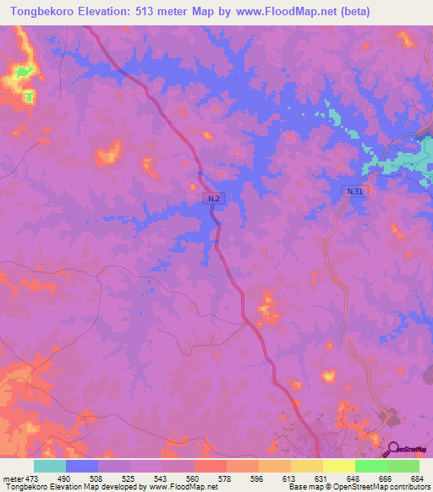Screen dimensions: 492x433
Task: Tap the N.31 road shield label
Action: tap(356, 192)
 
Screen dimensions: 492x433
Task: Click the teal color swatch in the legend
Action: tap(50, 466)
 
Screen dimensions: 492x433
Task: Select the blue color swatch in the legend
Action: tap(82, 466)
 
